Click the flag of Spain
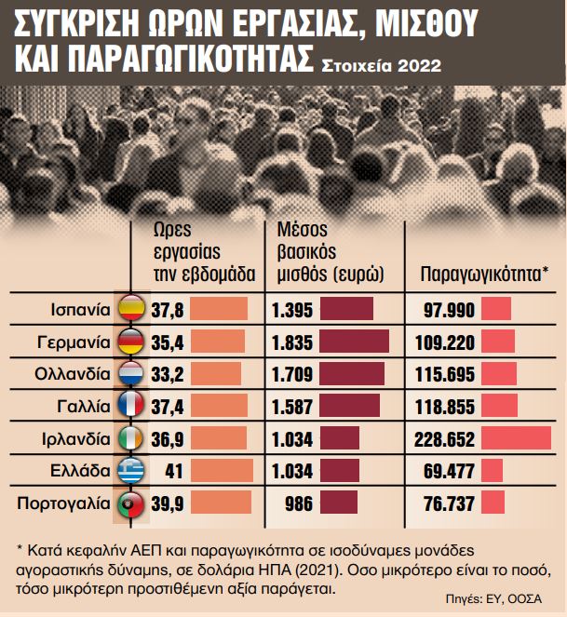click(x=132, y=308)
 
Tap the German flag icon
click(x=132, y=342)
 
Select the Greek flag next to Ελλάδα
click(x=132, y=471)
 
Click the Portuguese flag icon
click(x=132, y=503)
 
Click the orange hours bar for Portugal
click(x=221, y=503)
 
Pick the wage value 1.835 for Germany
click(x=291, y=342)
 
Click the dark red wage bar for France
click(x=349, y=406)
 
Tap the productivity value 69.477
click(x=451, y=471)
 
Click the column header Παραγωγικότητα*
click(x=478, y=275)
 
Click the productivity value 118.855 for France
click(x=445, y=406)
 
